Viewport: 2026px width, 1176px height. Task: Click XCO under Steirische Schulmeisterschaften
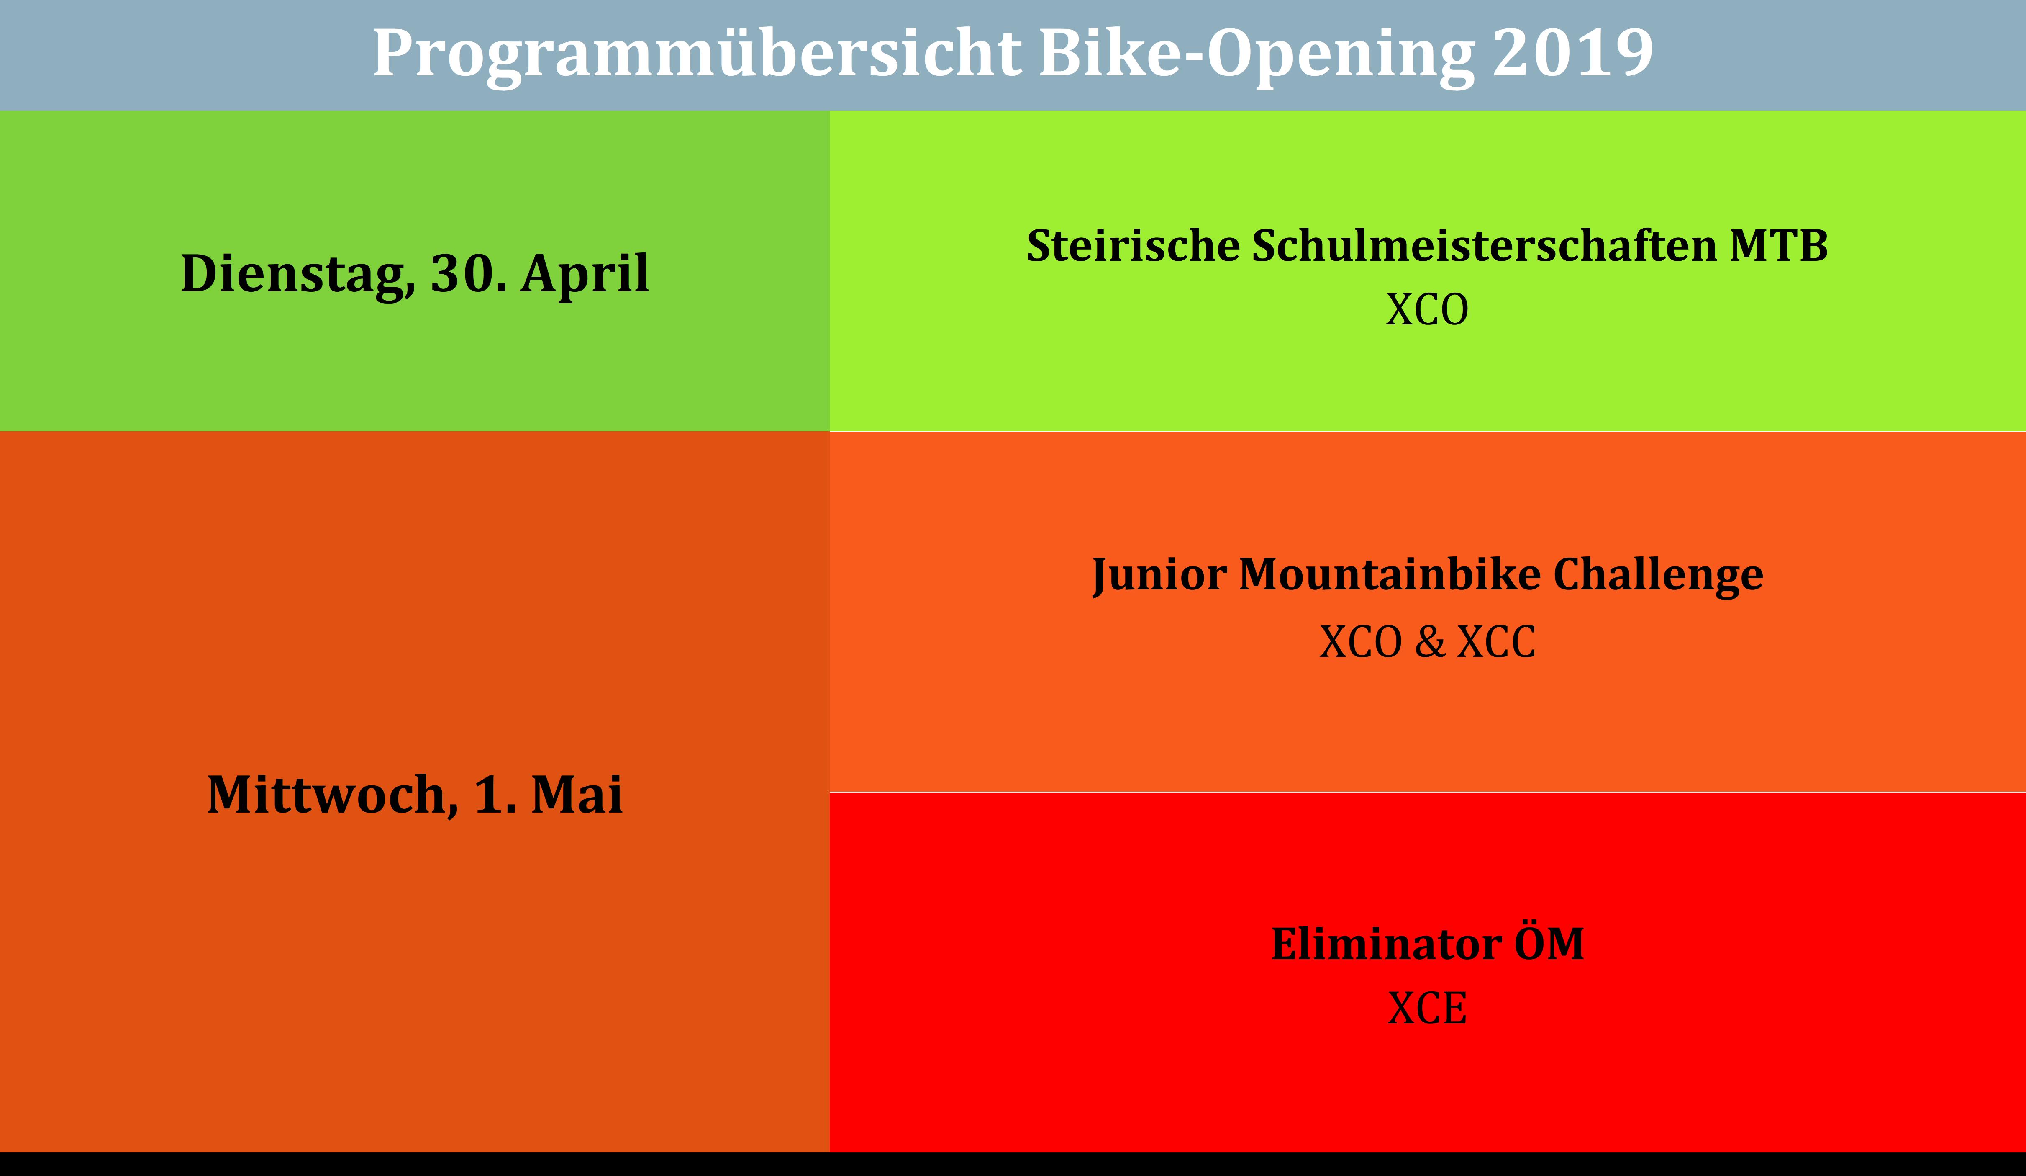1427,310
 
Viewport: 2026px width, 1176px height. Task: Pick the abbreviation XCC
1496,642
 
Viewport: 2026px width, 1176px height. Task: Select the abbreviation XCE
1427,1008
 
